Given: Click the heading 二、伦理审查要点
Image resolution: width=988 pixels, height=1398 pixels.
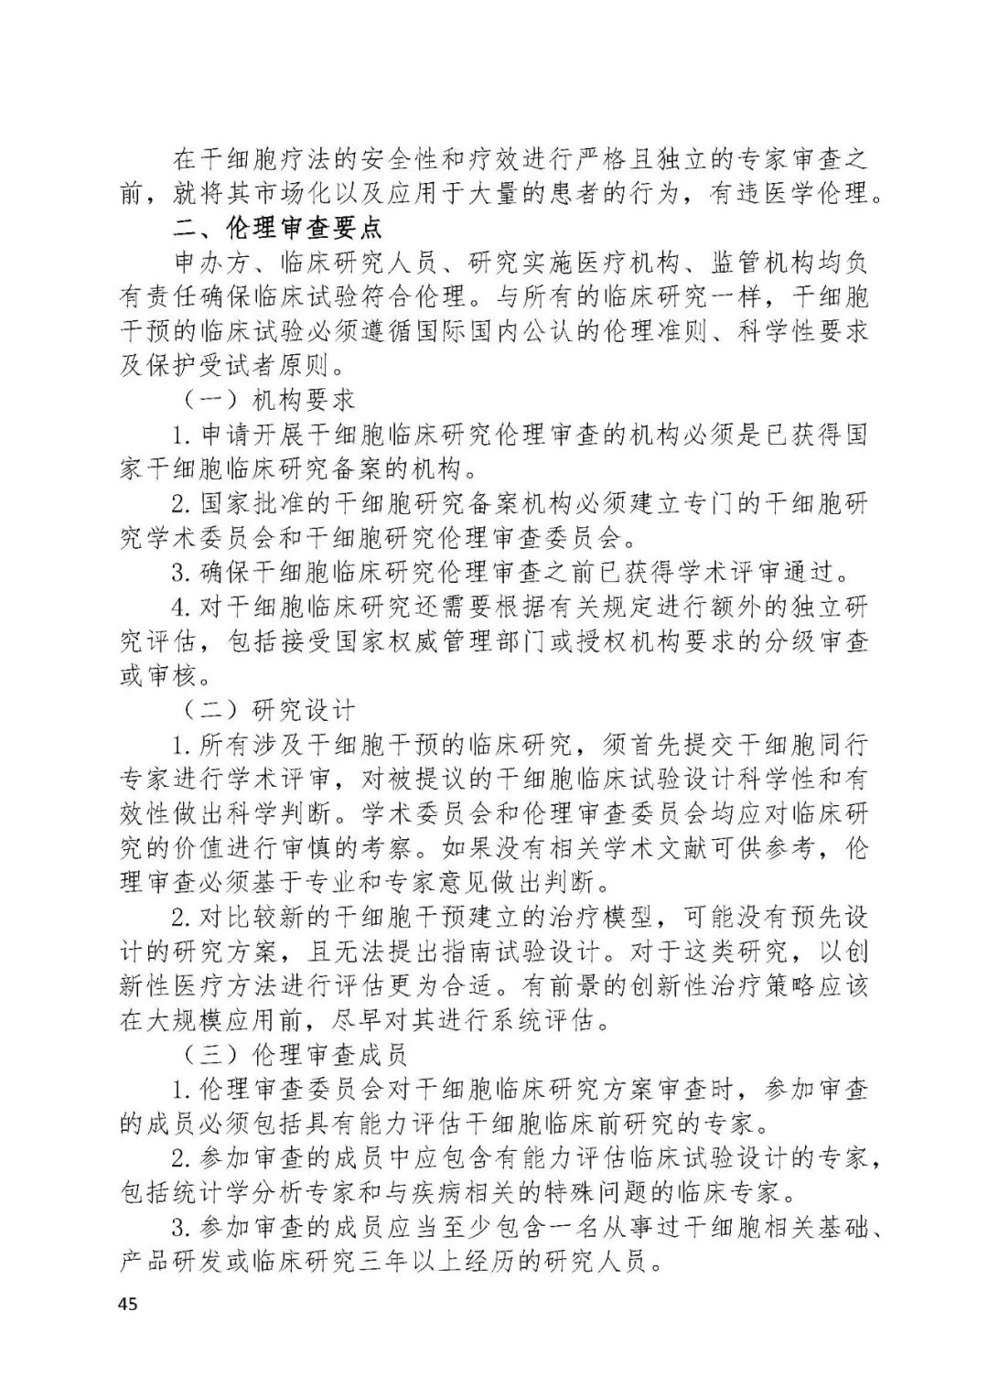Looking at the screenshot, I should click(x=278, y=227).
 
